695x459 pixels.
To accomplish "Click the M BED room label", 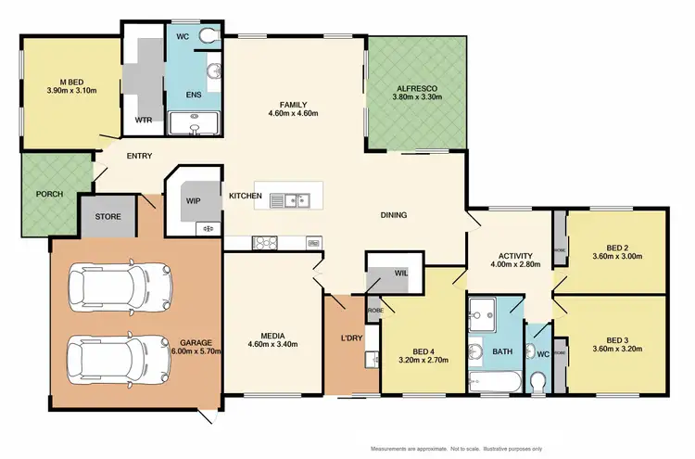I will coord(71,82).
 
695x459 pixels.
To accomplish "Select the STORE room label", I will coord(109,217).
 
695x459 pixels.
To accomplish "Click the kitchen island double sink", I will coord(297,198).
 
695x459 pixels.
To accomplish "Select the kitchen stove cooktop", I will coord(266,243).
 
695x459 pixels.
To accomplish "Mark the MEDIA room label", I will coord(272,336).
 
